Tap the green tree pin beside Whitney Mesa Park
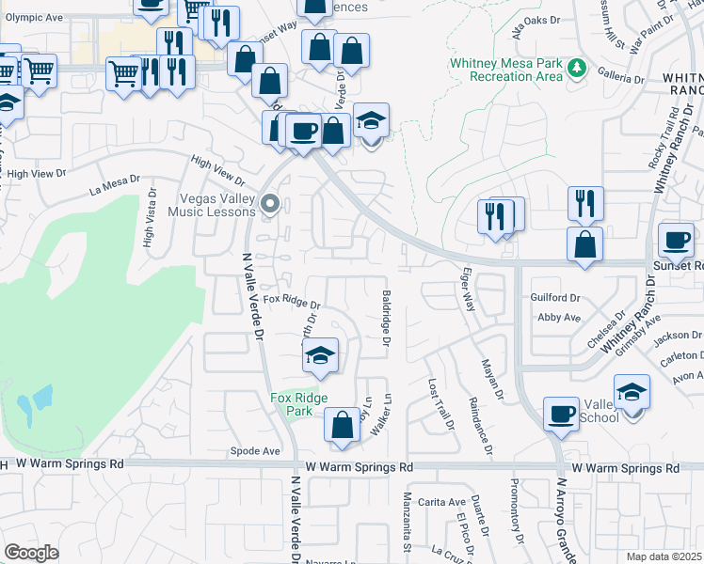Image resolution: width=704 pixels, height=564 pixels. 577,68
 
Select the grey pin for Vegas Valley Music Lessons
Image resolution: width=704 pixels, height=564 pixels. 270,203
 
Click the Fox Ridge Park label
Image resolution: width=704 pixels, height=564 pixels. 299,405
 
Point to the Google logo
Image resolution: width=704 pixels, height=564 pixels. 32,552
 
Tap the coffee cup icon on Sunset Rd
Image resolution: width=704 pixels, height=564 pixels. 676,241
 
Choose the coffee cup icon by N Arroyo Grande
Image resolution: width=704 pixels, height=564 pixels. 562,415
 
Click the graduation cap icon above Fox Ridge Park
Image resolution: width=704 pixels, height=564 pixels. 320,357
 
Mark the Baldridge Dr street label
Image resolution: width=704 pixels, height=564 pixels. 386,319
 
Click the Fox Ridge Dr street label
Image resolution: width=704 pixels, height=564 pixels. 292,302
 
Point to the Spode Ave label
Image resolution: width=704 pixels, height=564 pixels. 255,451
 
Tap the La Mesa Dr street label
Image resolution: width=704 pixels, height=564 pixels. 114,184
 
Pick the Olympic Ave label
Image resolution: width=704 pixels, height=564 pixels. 34,17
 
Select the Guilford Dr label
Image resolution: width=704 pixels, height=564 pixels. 556,298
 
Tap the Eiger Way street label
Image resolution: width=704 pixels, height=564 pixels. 467,292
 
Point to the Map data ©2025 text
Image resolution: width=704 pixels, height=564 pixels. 664,556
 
